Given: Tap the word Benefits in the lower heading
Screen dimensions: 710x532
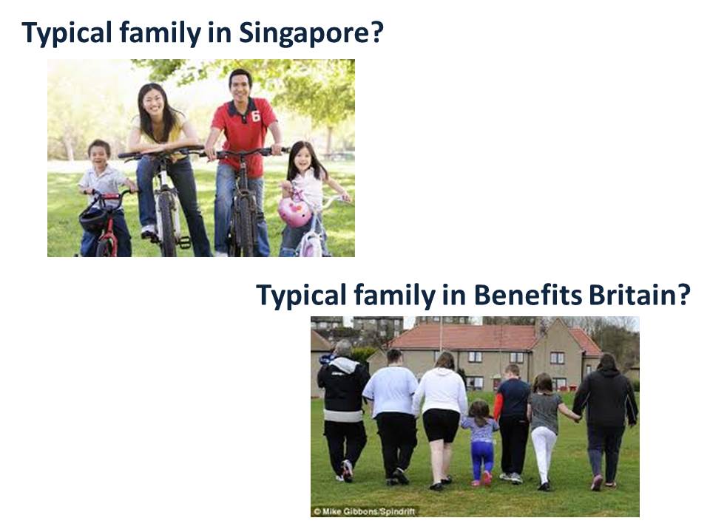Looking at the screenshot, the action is tap(527, 295).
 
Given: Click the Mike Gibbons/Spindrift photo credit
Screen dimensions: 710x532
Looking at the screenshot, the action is tap(364, 511).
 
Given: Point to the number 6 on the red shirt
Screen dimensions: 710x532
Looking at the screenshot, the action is tap(256, 116).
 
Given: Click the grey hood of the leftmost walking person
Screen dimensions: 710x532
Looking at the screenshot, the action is tap(342, 364).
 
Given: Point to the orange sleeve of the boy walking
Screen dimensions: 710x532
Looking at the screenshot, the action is tap(498, 406).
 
